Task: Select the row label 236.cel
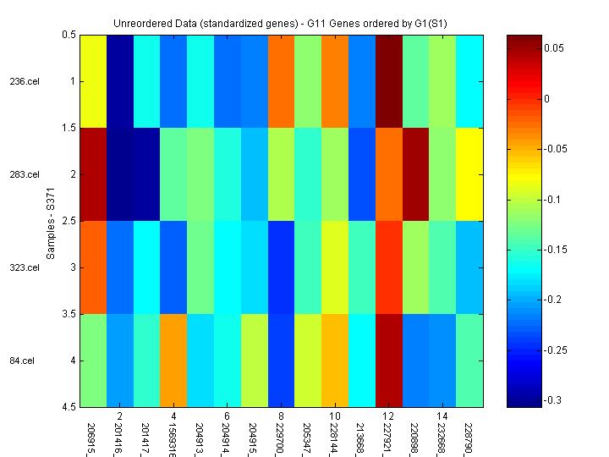[x=24, y=82]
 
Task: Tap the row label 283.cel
[x=24, y=175]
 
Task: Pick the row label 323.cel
[x=24, y=268]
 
